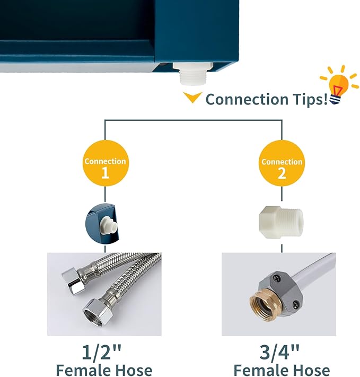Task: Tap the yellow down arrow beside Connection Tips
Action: pyautogui.click(x=192, y=97)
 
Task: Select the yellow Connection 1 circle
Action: pyautogui.click(x=106, y=163)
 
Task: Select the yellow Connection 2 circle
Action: pyautogui.click(x=282, y=163)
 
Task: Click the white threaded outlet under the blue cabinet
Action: pyautogui.click(x=193, y=73)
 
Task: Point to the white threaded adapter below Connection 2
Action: pyautogui.click(x=281, y=222)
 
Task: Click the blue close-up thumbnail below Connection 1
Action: pyautogui.click(x=102, y=223)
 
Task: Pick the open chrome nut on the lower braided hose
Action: pyautogui.click(x=95, y=312)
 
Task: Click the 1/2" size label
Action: pyautogui.click(x=102, y=352)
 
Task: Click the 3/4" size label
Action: pyautogui.click(x=280, y=352)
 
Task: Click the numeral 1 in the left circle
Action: pyautogui.click(x=106, y=172)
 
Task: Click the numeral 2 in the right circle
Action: pyautogui.click(x=282, y=173)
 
